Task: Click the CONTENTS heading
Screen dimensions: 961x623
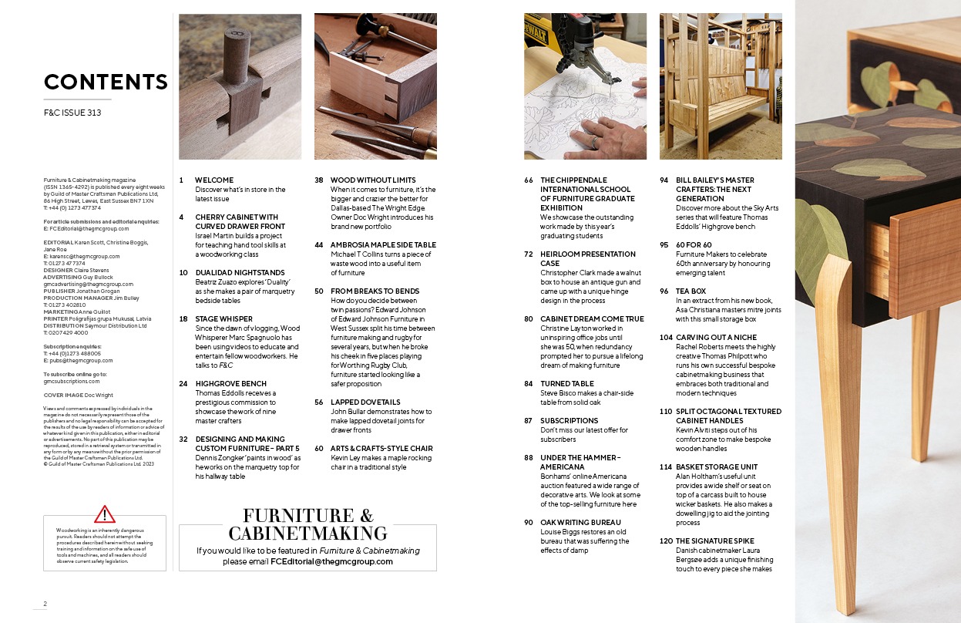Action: (x=106, y=82)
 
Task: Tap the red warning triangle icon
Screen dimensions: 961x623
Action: (x=105, y=514)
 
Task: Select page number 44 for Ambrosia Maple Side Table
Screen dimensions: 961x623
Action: (x=319, y=244)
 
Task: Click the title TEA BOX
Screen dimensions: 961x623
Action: (x=691, y=291)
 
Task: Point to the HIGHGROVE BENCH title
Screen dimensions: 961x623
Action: (x=231, y=384)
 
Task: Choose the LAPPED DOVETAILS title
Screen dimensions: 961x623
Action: (x=365, y=402)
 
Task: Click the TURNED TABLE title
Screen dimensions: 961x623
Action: (x=567, y=384)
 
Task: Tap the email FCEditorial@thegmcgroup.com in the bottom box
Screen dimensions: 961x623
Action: (x=331, y=561)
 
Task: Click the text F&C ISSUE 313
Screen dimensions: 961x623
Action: (x=72, y=113)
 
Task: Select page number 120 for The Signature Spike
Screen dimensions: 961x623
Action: (x=666, y=541)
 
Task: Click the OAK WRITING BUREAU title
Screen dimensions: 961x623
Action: (x=580, y=523)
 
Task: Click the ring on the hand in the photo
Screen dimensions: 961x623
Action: (x=595, y=142)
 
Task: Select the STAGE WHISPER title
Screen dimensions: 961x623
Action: (x=224, y=319)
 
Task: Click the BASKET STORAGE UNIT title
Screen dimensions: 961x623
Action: (x=717, y=467)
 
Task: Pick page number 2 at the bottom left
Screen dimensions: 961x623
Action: (x=45, y=604)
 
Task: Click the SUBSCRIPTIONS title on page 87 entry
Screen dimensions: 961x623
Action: (x=569, y=421)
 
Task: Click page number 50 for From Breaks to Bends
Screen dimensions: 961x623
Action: (x=319, y=291)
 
